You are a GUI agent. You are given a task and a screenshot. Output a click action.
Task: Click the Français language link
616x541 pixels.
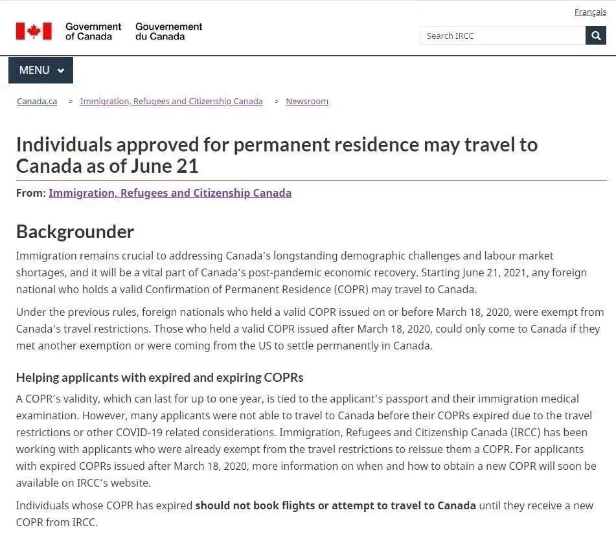point(590,12)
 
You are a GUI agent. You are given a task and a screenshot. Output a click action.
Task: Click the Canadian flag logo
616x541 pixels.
point(34,31)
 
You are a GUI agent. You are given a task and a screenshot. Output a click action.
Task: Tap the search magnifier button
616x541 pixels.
point(596,36)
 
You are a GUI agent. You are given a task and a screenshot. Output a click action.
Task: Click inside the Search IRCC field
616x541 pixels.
point(502,36)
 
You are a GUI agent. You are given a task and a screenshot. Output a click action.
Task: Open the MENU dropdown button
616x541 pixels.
point(41,71)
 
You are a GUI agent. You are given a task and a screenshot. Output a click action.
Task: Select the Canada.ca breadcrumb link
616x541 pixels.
point(37,102)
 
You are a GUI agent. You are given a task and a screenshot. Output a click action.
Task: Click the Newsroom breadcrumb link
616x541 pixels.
point(307,102)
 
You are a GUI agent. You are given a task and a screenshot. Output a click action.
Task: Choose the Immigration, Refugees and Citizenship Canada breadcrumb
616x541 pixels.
point(171,102)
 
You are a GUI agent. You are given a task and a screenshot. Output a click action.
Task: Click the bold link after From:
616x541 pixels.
point(170,193)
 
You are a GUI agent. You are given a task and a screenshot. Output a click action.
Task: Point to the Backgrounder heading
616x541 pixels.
point(75,232)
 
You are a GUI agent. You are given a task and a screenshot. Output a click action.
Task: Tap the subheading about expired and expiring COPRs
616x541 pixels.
point(159,377)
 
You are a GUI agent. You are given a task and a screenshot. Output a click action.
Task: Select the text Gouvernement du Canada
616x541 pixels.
point(168,31)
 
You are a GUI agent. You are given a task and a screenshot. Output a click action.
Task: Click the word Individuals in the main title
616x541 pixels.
point(64,144)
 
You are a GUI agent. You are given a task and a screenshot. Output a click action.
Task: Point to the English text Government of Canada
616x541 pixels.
point(93,31)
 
